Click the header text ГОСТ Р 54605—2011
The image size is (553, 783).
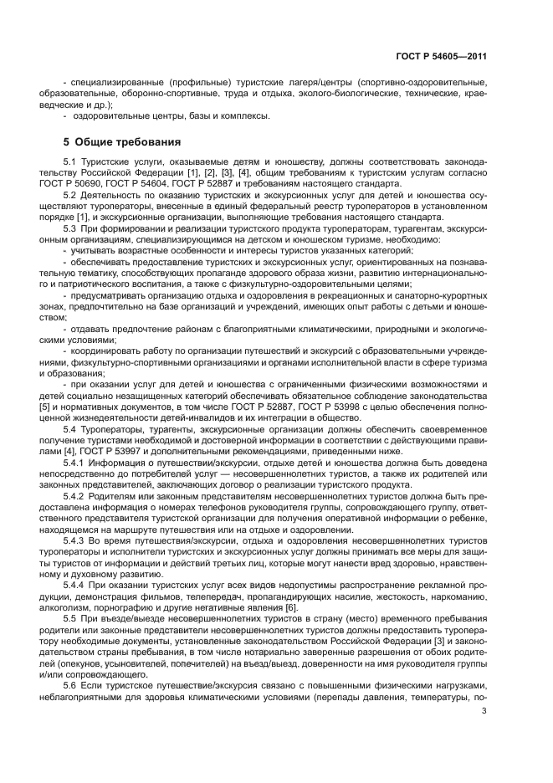[x=440, y=56]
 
